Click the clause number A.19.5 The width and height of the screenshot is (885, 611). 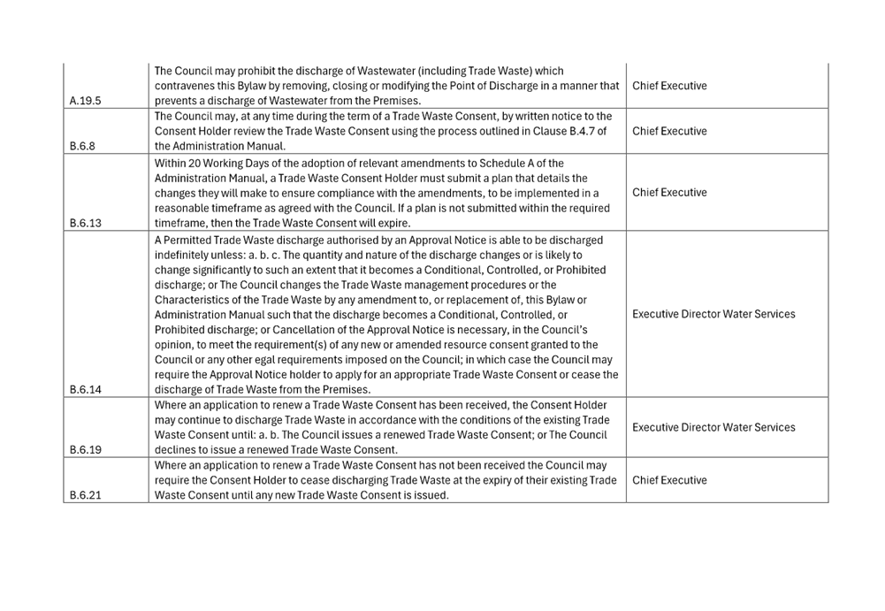[85, 101]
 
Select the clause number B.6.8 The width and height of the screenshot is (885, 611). [82, 146]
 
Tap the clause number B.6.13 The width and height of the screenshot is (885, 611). [85, 223]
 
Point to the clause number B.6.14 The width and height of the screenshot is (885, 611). [85, 390]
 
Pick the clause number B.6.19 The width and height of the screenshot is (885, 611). [85, 450]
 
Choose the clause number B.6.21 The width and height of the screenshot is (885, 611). [85, 495]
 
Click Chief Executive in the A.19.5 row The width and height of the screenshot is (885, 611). [669, 86]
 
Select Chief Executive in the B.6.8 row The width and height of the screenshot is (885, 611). [669, 131]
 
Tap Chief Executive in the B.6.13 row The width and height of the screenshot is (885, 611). [669, 193]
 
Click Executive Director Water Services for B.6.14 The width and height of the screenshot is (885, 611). [713, 314]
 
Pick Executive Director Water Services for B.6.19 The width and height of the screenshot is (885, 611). [713, 427]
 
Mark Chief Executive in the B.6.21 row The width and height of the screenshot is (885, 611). [669, 480]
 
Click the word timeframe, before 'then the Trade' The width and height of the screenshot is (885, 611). [181, 223]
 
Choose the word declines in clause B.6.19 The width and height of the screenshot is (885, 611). [174, 450]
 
